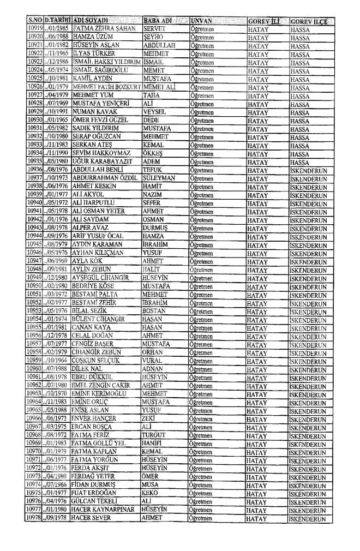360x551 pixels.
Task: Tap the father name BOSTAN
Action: [x=154, y=270]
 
